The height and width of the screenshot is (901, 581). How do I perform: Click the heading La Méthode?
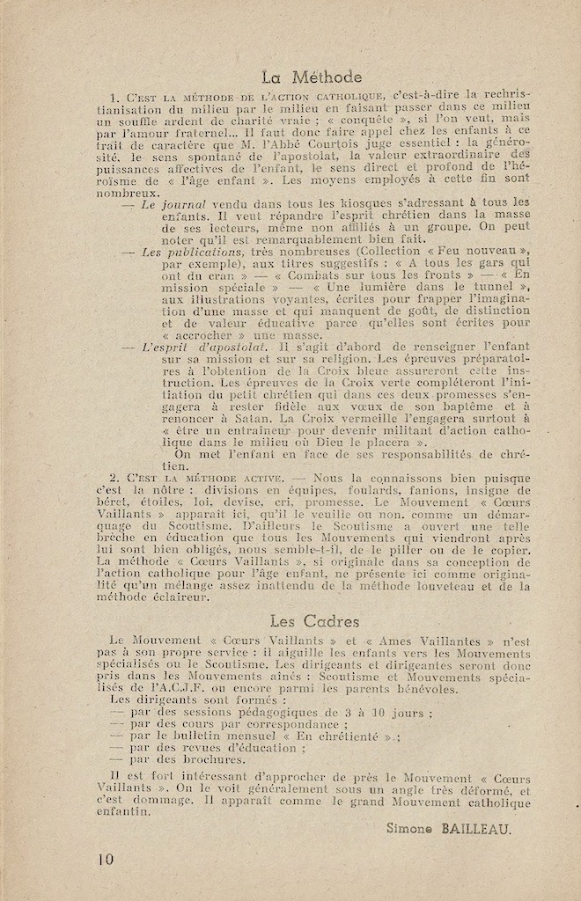tap(312, 77)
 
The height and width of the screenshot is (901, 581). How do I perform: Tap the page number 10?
tap(107, 861)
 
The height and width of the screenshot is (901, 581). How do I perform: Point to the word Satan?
tap(230, 431)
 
